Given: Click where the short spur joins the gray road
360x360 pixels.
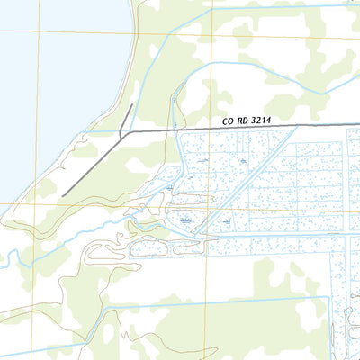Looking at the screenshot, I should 121,137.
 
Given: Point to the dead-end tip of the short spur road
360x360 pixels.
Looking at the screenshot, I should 132,104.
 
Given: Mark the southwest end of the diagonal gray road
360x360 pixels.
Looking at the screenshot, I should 63,194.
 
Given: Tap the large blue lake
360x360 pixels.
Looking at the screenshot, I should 54,81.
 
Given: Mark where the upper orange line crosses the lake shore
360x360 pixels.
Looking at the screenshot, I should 136,34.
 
